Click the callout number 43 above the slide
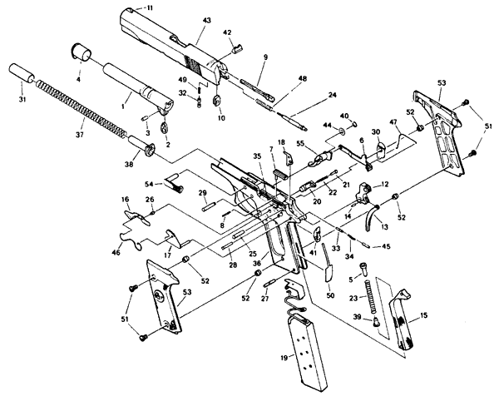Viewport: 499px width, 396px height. pos(206,20)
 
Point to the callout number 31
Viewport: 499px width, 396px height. pos(22,100)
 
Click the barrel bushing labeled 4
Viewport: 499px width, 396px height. pos(81,52)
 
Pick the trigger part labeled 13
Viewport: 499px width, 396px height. pos(371,218)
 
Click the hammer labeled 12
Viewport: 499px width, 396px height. pos(363,194)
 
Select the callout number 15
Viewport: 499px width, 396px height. pos(423,315)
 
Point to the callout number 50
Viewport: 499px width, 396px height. pos(331,295)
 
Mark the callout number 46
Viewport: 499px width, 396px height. pos(116,253)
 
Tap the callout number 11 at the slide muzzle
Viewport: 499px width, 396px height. pos(148,7)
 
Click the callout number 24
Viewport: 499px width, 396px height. pos(332,95)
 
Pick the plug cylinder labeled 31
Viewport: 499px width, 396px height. pos(22,73)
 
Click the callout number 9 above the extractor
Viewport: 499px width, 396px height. pos(265,57)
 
